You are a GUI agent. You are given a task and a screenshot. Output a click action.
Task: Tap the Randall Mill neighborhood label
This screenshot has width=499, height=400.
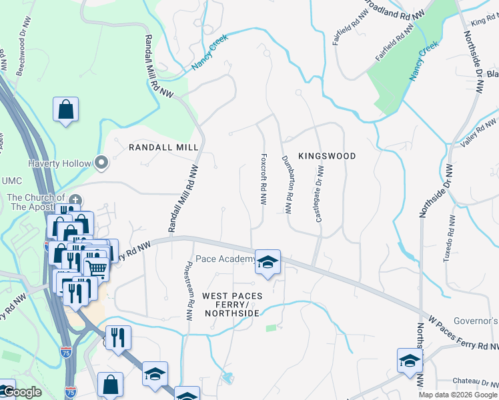pos(163,147)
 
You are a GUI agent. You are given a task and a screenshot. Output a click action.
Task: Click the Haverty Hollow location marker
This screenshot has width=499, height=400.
pos(101,162)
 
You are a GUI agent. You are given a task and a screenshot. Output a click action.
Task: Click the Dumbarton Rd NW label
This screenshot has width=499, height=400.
pos(287,185)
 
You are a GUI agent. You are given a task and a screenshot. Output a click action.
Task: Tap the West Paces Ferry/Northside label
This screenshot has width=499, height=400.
pos(232,304)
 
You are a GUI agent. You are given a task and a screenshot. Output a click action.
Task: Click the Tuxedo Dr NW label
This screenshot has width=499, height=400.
pos(449,238)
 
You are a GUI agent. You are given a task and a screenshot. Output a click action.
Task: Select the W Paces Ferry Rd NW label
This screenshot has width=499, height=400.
pos(463,331)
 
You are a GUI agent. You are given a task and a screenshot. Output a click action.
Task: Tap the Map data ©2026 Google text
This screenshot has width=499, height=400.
pos(457,395)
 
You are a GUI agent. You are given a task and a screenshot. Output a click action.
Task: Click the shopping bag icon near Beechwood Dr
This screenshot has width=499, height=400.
pos(66,110)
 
